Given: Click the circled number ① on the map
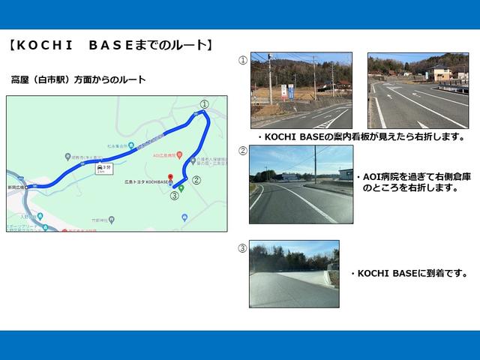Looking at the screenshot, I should [204, 104].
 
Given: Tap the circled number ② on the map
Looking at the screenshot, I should [196, 180].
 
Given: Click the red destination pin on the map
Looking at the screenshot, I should [170, 178].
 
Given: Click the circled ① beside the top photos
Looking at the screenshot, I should [242, 61].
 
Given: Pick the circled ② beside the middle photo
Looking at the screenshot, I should [242, 151].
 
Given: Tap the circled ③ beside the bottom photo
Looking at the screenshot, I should [242, 248].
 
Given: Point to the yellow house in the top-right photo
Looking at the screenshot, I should [439, 73].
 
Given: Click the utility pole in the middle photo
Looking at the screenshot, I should [315, 165].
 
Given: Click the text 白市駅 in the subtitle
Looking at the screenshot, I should [61, 79].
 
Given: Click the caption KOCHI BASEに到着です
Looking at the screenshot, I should [409, 274].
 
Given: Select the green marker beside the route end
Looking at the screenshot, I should [181, 187].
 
